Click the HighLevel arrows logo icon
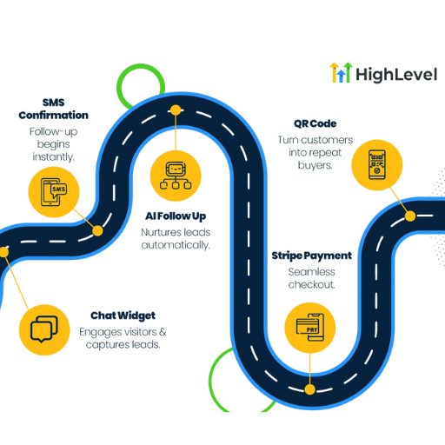pos(341,72)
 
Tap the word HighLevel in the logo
pos(396,75)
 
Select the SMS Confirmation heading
pos(54,109)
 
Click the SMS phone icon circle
pos(54,192)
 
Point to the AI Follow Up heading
pos(176,216)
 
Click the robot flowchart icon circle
pos(176,176)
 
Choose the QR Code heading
pos(315,123)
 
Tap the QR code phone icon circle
pos(377,165)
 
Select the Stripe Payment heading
pos(312,256)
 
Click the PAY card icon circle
pos(310,328)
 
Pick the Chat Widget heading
pos(123,315)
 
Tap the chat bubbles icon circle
pos(44,330)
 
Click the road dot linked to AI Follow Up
pos(176,110)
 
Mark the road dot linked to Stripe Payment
pos(310,389)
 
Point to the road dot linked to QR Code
pos(410,216)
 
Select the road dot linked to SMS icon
pos(97,231)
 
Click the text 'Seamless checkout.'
pos(312,278)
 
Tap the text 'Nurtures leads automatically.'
pos(176,239)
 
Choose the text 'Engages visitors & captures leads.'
pos(123,338)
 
